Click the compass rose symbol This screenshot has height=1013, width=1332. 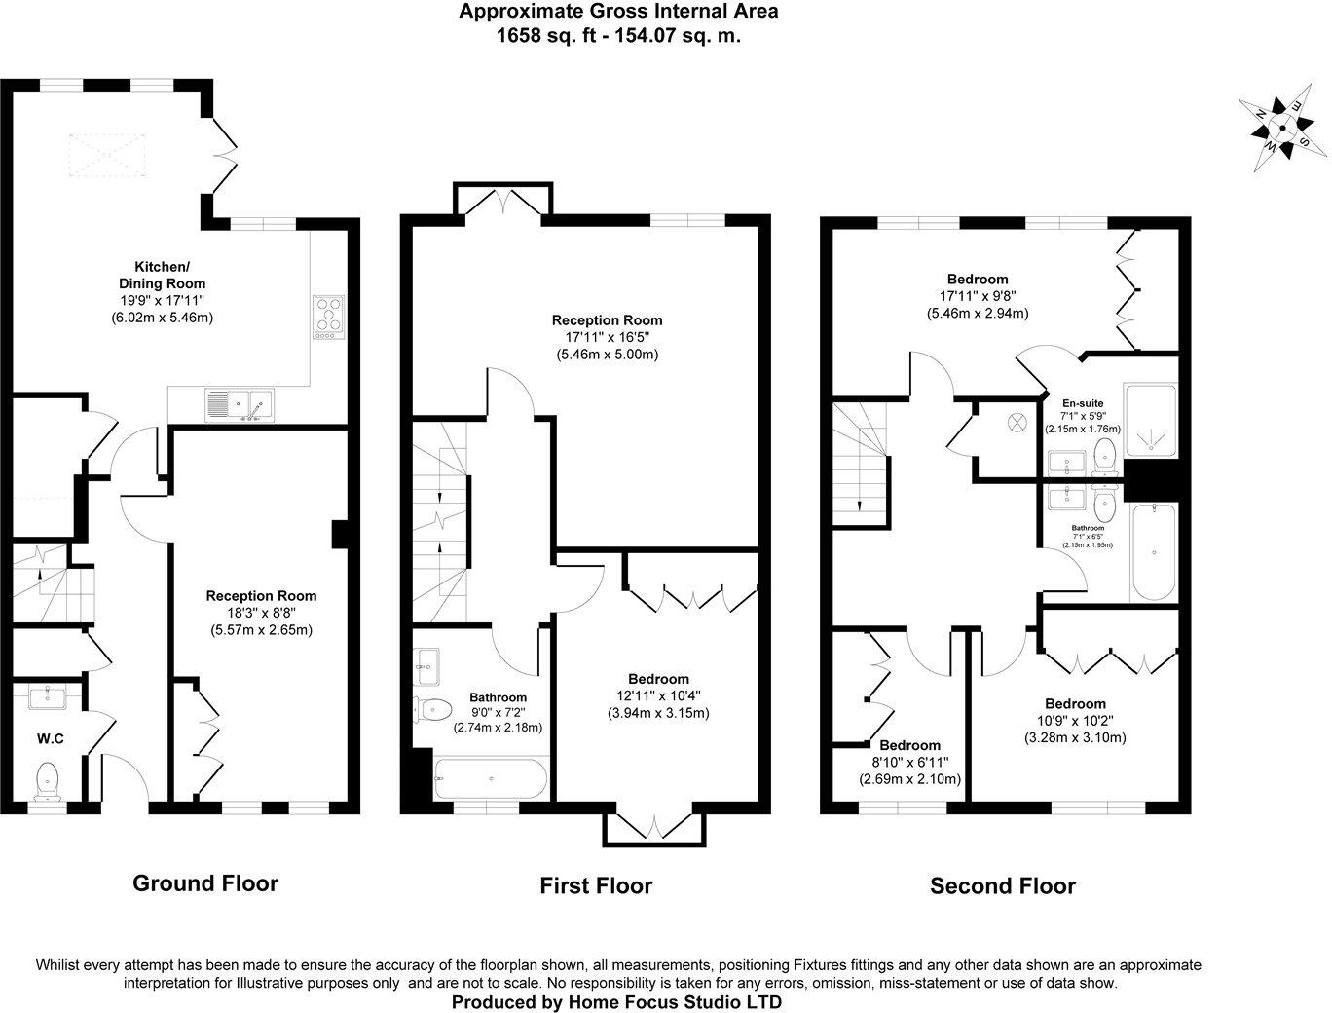tap(1282, 128)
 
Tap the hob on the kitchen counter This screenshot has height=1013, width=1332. tap(329, 317)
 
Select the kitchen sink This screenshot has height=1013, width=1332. tap(240, 404)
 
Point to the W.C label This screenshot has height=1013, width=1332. tap(51, 739)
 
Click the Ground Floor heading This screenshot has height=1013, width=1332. tap(205, 883)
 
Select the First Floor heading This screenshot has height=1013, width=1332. tap(596, 885)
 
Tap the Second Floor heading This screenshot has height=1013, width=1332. tap(1003, 886)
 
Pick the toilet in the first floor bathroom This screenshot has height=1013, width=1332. tap(432, 708)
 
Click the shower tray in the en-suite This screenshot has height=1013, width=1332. tap(1150, 421)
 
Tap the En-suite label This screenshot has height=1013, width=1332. tap(1083, 402)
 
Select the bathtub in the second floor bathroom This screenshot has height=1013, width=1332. tap(1154, 552)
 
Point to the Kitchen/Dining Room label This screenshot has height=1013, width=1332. tap(162, 275)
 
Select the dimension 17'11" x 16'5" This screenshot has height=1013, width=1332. tap(607, 337)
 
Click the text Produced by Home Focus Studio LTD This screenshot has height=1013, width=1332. tap(617, 1001)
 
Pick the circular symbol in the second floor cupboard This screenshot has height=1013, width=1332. tap(1017, 422)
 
